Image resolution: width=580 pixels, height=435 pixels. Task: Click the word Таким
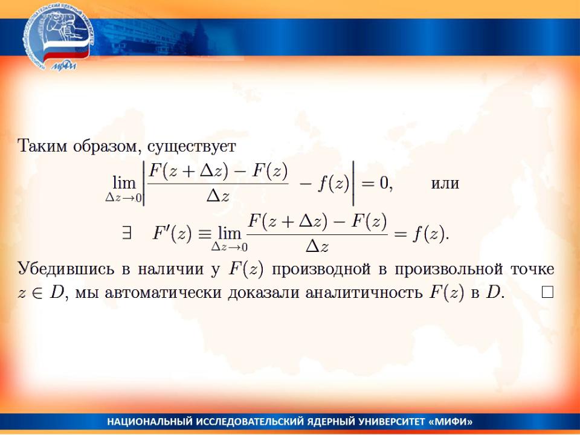pos(42,146)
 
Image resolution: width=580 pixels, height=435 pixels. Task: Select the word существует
pos(192,147)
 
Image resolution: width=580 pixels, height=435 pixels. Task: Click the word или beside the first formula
pos(445,184)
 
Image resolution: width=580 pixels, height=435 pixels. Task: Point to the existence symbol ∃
pos(126,234)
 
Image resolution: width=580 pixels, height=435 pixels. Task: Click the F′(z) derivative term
pos(172,233)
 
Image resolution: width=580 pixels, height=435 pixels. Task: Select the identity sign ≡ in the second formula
pos(205,234)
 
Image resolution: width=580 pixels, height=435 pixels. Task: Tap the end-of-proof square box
pos(547,292)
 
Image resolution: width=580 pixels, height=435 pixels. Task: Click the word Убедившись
pos(66,268)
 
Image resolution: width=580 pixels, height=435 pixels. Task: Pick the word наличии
pos(170,269)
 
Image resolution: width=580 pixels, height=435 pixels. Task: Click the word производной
pos(321,269)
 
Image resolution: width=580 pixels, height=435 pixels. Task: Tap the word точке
pos(532,269)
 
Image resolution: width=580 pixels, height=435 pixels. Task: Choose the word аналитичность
pos(364,292)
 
